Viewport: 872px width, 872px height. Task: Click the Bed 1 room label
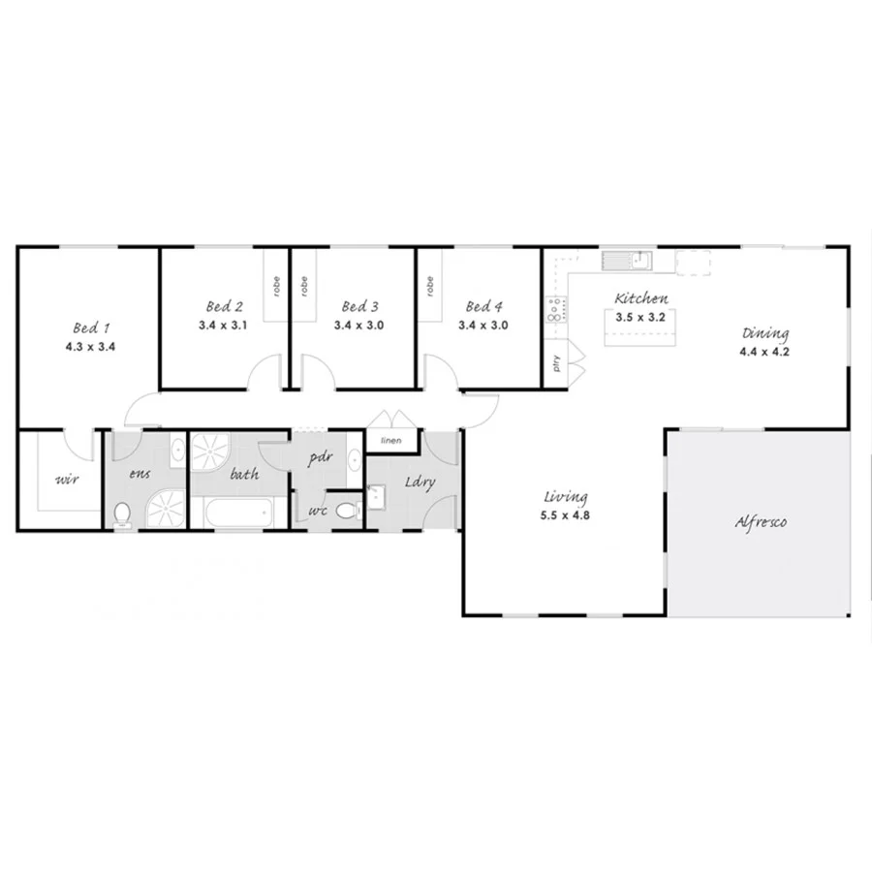[x=89, y=327]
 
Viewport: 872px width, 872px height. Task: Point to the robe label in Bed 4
[x=427, y=286]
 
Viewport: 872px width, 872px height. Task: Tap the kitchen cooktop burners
[x=555, y=310]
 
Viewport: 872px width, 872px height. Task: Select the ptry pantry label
[x=555, y=364]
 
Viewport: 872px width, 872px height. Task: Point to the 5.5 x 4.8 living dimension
[x=566, y=515]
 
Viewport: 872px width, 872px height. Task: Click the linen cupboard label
[x=390, y=441]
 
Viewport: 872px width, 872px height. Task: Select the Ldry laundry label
[x=419, y=482]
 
